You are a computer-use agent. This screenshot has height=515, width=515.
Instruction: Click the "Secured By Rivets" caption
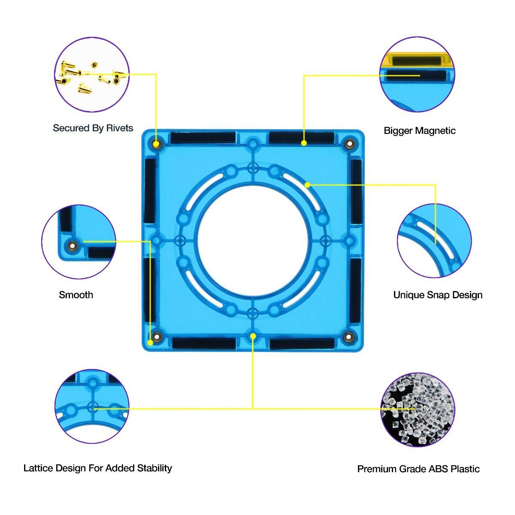click(93, 128)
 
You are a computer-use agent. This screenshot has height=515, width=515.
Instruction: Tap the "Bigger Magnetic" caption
click(419, 130)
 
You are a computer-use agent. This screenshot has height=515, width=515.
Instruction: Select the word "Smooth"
click(76, 295)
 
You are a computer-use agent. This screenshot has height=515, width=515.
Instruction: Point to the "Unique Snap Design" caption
click(438, 295)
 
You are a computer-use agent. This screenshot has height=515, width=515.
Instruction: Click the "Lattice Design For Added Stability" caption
click(98, 468)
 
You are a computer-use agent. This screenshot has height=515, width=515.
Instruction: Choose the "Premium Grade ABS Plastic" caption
click(418, 469)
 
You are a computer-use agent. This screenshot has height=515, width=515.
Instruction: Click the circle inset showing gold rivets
click(92, 74)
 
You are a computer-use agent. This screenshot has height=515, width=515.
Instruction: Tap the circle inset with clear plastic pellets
click(418, 409)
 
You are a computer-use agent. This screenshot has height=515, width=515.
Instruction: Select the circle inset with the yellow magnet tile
click(418, 74)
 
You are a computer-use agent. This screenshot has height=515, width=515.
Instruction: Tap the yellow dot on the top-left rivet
click(157, 143)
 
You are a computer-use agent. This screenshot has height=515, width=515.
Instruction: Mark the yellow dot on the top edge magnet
click(304, 143)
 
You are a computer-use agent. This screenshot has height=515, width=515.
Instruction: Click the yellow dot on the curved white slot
click(307, 185)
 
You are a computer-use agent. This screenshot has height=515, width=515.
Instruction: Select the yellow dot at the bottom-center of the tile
click(253, 336)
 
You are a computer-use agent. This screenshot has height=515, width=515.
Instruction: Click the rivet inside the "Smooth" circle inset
click(71, 246)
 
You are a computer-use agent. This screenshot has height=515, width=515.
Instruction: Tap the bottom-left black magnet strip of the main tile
click(204, 343)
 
